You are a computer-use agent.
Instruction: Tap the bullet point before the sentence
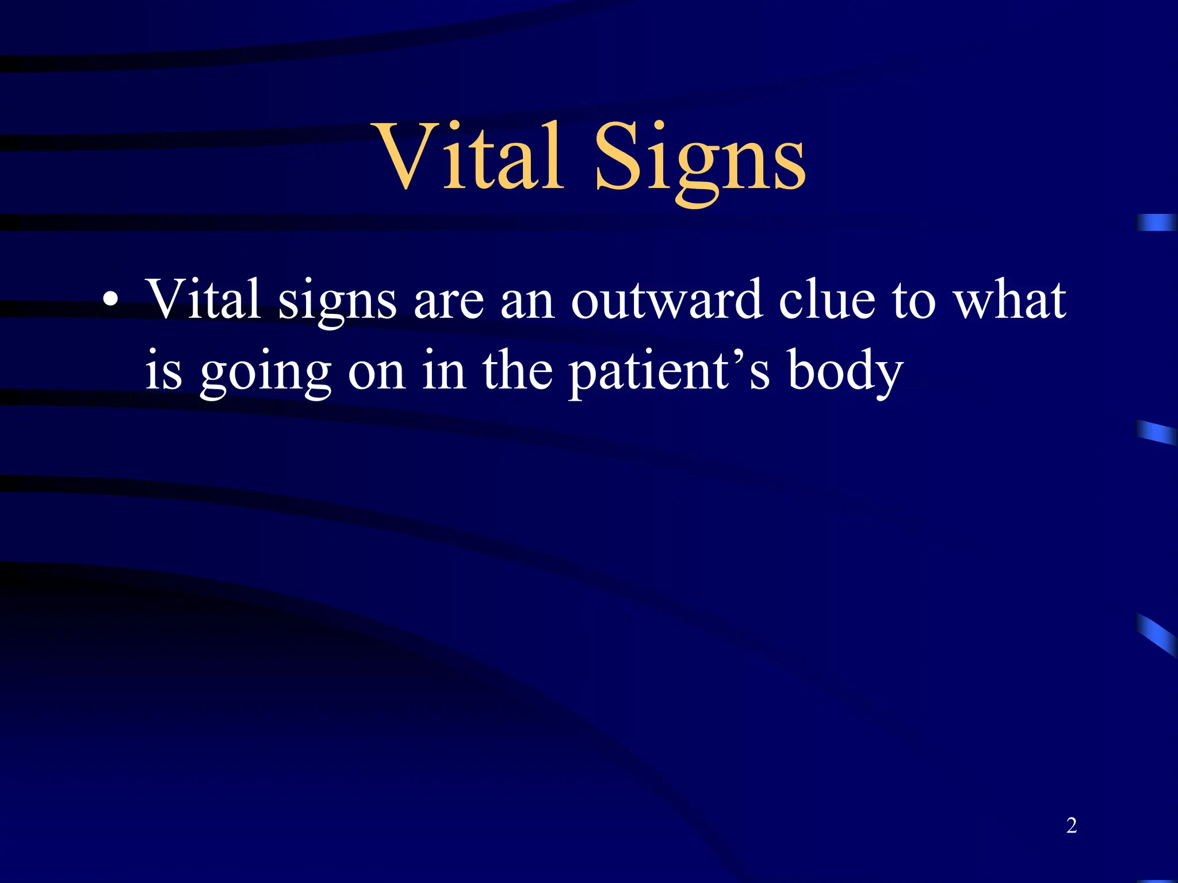coord(110,301)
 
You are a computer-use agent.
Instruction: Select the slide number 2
coord(1071,826)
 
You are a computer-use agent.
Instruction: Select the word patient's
coord(670,371)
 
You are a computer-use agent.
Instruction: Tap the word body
coord(845,371)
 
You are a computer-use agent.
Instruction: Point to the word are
coord(449,304)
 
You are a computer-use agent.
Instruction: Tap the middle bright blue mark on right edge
coord(1156,432)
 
